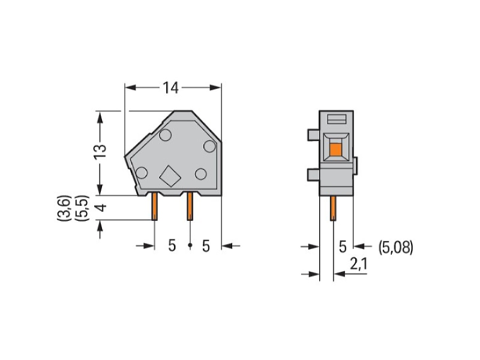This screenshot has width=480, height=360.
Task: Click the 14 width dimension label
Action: [x=170, y=88]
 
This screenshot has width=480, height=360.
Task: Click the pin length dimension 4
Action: [x=101, y=208]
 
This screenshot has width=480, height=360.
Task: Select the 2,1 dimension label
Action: [x=358, y=264]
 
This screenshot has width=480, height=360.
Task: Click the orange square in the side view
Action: [x=336, y=149]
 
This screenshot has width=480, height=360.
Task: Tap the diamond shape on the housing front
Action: [x=170, y=176]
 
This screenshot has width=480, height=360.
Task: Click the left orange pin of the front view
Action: [x=155, y=206]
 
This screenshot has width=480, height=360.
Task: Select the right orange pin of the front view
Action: [x=190, y=206]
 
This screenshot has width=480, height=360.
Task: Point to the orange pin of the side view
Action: [x=333, y=208]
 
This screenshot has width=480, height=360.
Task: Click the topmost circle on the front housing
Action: [x=166, y=135]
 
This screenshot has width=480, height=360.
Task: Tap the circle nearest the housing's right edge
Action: [x=209, y=146]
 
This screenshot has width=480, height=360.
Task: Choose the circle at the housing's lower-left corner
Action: [x=142, y=173]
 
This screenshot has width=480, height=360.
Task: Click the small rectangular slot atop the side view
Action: [x=337, y=119]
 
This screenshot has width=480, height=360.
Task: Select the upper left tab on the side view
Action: [x=313, y=135]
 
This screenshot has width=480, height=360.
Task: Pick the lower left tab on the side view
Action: [x=313, y=175]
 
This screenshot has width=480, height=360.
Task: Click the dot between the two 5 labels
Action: [x=190, y=245]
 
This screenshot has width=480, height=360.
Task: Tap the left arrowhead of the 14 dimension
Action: [x=130, y=88]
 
